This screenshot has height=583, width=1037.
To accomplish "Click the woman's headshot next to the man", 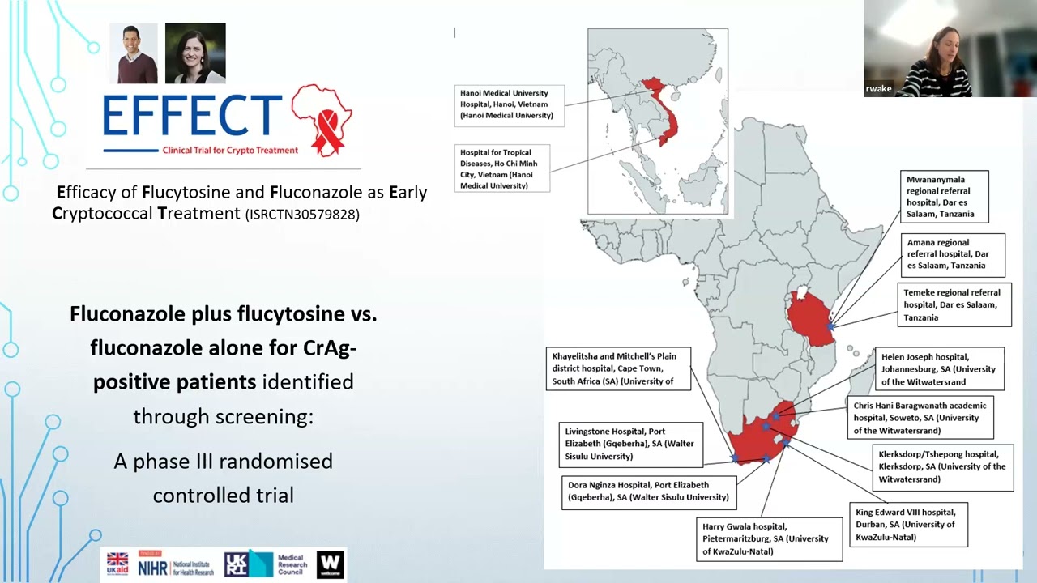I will click(195, 54).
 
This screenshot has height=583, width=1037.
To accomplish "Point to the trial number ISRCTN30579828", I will click(302, 215).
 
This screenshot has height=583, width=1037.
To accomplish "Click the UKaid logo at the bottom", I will click(117, 564).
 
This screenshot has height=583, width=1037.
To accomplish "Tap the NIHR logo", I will click(175, 564).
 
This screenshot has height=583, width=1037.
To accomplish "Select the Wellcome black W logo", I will click(330, 564).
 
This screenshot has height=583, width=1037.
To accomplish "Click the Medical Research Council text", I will click(291, 564).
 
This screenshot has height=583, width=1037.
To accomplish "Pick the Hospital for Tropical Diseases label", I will click(503, 168).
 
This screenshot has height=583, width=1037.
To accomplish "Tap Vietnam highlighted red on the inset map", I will click(669, 121).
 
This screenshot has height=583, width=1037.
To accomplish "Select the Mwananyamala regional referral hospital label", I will click(945, 197).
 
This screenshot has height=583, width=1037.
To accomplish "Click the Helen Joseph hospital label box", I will click(940, 368).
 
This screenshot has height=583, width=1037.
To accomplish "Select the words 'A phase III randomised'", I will click(223, 462).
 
